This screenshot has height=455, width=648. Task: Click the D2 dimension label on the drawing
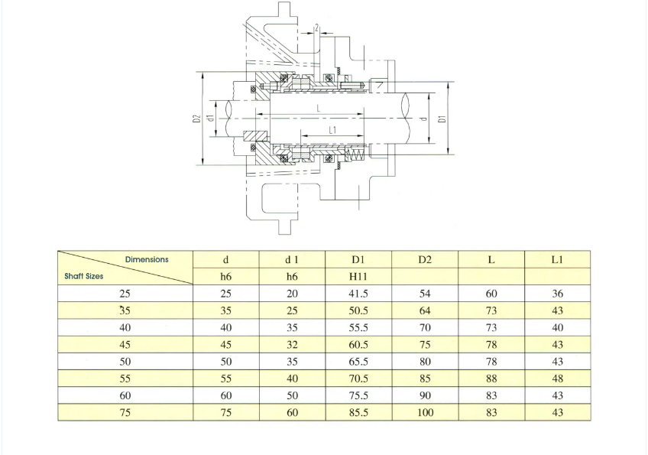(x=196, y=119)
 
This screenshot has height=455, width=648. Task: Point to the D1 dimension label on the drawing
(x=442, y=119)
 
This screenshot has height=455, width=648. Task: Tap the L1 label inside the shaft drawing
(x=332, y=130)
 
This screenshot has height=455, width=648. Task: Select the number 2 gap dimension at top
(x=317, y=28)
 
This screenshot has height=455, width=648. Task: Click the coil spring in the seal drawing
(x=355, y=155)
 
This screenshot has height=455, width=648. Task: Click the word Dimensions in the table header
(x=147, y=259)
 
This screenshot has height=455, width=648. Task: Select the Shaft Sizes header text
(x=84, y=276)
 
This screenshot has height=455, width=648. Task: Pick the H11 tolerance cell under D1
(x=358, y=276)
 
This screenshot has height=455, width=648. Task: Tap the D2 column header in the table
(x=425, y=259)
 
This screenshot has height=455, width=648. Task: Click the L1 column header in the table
(x=558, y=259)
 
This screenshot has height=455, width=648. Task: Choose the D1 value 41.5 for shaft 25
(x=358, y=294)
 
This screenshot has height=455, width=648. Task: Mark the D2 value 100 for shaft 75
(x=425, y=412)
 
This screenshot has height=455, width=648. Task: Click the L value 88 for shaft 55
(x=491, y=379)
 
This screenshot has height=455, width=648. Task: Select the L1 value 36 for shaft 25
(x=558, y=294)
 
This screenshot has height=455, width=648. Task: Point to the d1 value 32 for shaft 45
(x=292, y=345)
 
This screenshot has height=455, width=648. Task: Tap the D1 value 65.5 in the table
(x=358, y=362)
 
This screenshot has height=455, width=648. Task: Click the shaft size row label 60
(x=125, y=395)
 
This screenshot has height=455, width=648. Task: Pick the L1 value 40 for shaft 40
(x=558, y=327)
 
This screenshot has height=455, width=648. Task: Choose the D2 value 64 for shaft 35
(x=425, y=310)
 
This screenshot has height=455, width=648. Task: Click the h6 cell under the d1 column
(x=292, y=276)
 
